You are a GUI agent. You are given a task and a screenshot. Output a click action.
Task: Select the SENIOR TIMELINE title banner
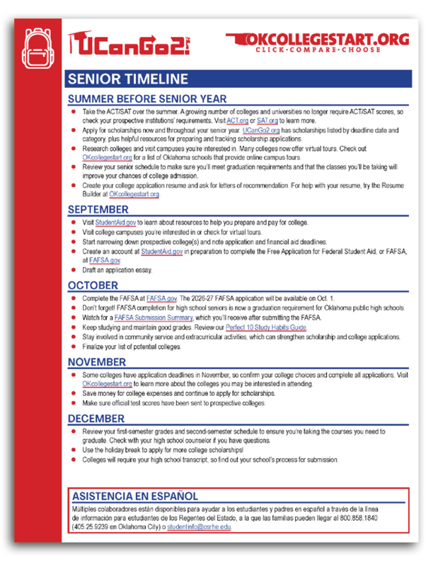(x=128, y=79)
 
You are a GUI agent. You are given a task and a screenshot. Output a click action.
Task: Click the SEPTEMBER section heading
(x=98, y=210)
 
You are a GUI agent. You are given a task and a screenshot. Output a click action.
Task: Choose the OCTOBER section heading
(x=93, y=284)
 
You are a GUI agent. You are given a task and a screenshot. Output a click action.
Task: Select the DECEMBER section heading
(x=96, y=418)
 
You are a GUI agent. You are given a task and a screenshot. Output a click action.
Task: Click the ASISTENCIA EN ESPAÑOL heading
(x=134, y=496)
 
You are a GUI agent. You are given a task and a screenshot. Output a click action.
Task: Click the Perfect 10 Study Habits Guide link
(x=265, y=328)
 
